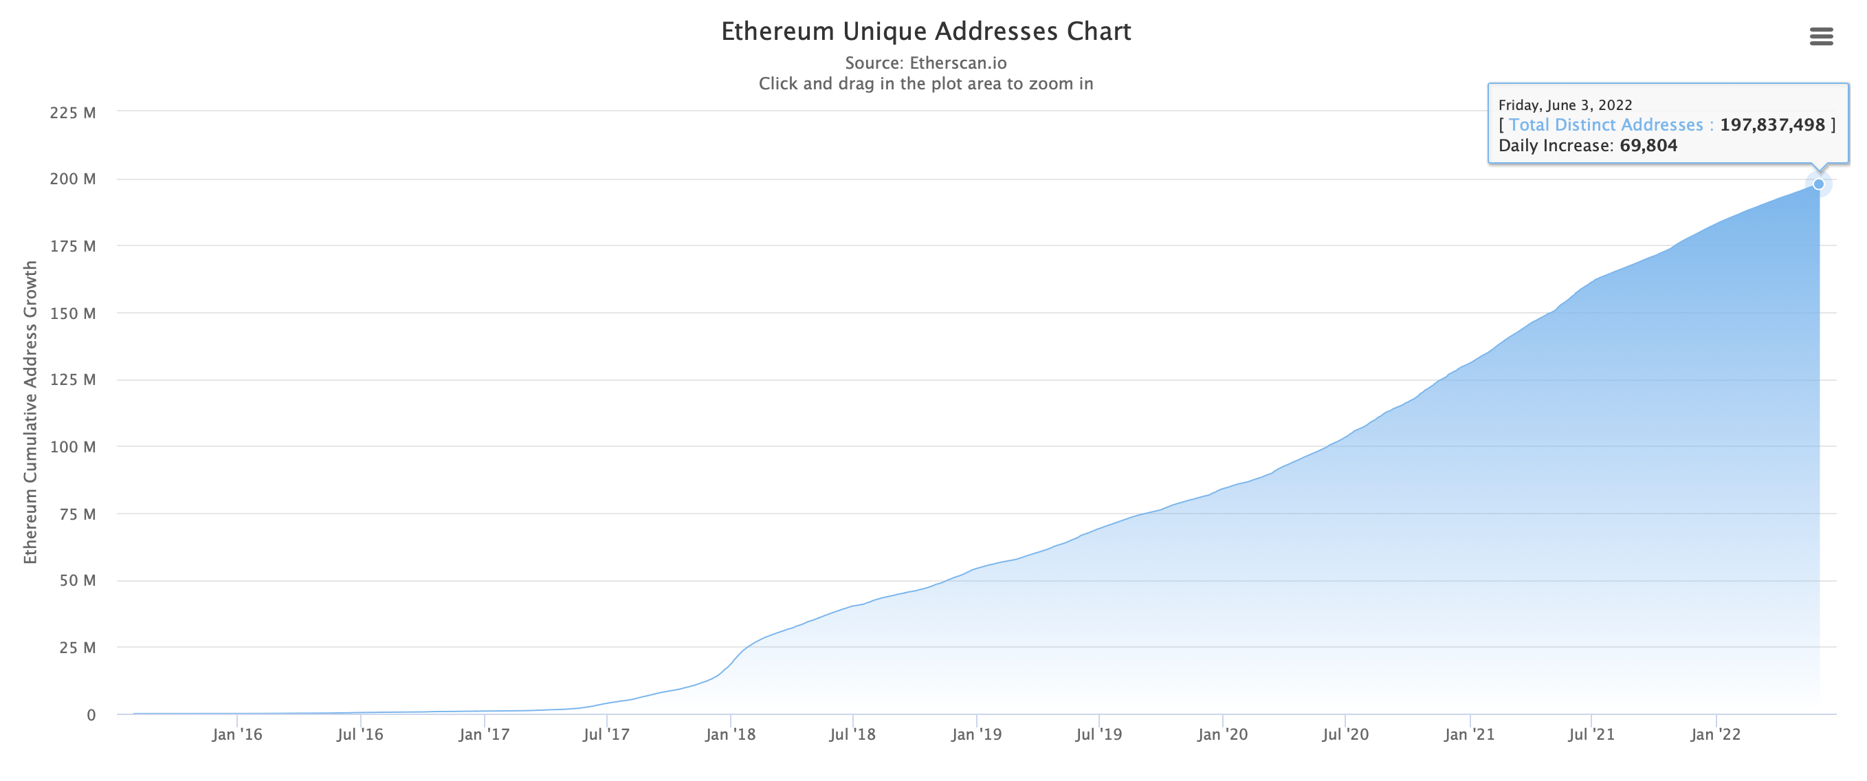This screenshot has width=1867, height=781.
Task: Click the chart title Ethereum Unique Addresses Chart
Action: pos(925,31)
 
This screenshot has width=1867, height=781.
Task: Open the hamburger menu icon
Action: pos(1821,36)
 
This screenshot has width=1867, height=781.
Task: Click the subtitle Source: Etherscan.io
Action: pos(925,63)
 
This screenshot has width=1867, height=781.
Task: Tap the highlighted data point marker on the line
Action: pos(1818,184)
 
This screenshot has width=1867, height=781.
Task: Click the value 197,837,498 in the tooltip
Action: pos(1772,124)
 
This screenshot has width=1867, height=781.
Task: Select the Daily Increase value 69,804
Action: pos(1648,146)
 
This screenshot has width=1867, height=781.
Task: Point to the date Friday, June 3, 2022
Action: pos(1565,105)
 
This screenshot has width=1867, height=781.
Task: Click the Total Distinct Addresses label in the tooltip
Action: pos(1605,124)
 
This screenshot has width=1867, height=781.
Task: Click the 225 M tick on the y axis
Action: pos(72,112)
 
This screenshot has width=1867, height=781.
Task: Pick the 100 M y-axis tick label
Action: pos(72,447)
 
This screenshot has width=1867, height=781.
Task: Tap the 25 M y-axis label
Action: pos(77,648)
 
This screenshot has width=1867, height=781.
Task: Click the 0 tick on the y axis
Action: pos(91,715)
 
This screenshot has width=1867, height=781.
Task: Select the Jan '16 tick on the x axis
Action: pos(237,734)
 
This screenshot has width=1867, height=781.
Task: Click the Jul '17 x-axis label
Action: pos(606,734)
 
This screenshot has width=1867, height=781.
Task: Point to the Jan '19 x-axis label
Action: pos(976,734)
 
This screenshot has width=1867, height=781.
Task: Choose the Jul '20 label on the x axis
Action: pos(1345,734)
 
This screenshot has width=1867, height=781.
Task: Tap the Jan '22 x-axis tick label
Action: pos(1716,734)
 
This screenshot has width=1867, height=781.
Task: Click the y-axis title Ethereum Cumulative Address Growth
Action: pos(30,412)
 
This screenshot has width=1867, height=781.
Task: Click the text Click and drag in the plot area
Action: pos(925,84)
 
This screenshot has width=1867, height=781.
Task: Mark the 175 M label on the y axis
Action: pos(72,247)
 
